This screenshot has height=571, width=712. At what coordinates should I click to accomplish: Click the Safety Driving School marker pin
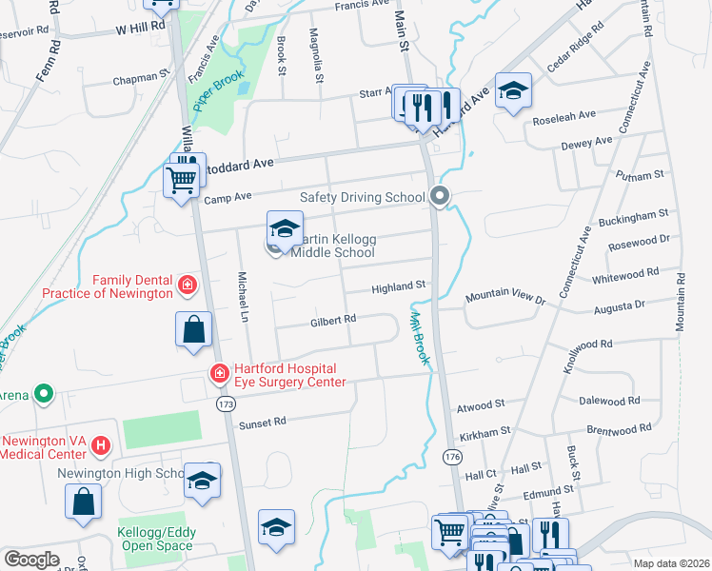439,197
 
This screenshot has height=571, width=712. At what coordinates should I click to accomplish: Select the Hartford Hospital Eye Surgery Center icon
219,373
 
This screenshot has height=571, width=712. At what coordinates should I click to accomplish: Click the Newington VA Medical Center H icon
102,444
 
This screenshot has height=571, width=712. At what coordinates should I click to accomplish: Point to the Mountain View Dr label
504,299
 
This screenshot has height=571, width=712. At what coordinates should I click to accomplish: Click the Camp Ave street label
227,196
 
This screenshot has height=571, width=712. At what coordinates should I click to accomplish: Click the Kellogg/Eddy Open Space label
155,539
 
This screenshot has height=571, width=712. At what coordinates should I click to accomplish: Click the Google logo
31,560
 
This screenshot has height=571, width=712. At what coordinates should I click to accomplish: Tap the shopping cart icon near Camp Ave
180,179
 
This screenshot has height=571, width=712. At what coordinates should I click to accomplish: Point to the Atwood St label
481,404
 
